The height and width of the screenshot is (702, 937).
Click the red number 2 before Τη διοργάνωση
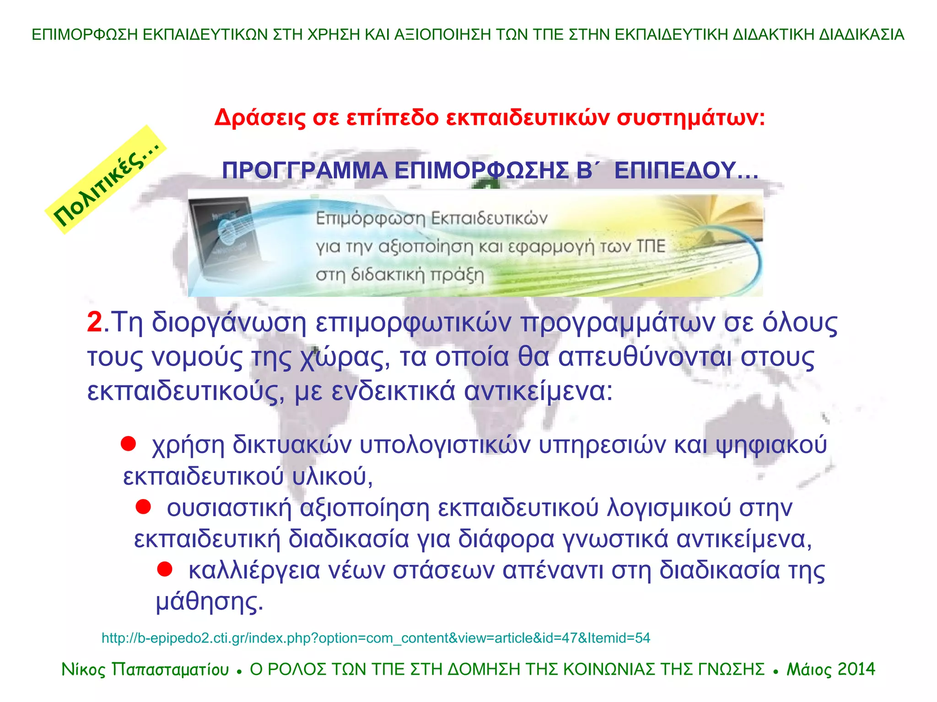[95, 322]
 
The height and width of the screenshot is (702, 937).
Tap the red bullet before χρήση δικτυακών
[128, 444]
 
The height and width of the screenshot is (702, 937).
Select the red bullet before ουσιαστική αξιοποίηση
[143, 506]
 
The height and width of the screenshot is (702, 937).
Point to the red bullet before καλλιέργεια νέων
[165, 569]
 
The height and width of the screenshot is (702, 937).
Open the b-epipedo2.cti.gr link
[376, 638]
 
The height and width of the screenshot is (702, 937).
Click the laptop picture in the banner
[224, 242]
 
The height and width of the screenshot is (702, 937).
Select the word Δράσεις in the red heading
[260, 118]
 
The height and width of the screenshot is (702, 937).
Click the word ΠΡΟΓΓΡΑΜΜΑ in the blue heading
[305, 171]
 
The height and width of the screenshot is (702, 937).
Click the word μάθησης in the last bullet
[209, 602]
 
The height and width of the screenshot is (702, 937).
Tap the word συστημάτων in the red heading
[690, 118]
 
